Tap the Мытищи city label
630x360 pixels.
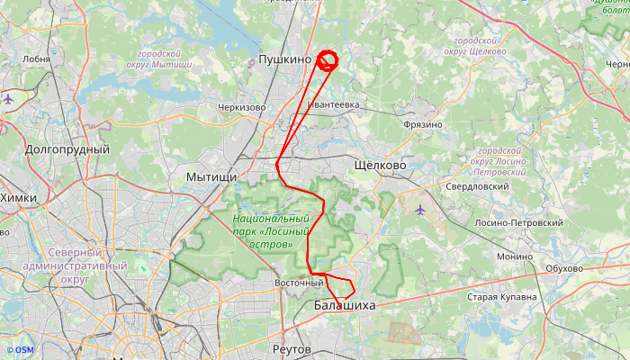210,177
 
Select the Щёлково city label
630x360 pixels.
381,166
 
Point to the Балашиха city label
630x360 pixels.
344,306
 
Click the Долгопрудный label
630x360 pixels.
67,149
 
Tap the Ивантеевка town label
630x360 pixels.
334,105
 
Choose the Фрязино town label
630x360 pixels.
423,124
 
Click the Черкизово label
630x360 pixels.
241,107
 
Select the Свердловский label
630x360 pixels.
477,186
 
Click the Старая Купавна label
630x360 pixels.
502,296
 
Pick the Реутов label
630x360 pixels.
291,348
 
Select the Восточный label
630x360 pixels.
298,283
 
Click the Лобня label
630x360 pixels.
36,59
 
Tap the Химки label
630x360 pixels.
18,198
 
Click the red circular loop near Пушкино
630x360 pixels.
328,60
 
